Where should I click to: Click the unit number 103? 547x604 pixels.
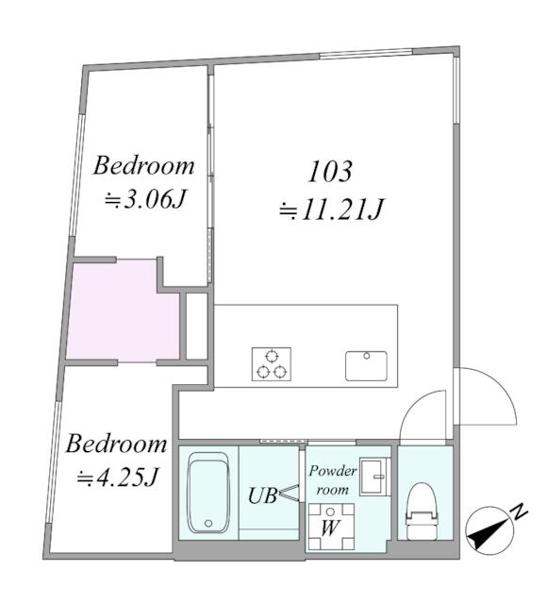[x=330, y=172]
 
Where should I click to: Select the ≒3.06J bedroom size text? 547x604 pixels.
[x=143, y=201]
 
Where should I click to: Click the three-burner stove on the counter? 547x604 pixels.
[x=272, y=364]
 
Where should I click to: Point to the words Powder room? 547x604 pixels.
[x=332, y=480]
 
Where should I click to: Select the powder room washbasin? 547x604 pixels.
[x=375, y=476]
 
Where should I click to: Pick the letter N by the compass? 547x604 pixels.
[x=519, y=512]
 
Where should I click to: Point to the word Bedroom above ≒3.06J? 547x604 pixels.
[x=143, y=167]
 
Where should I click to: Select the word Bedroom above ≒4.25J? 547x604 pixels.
[x=117, y=444]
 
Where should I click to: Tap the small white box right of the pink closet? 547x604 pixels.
[x=196, y=326]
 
